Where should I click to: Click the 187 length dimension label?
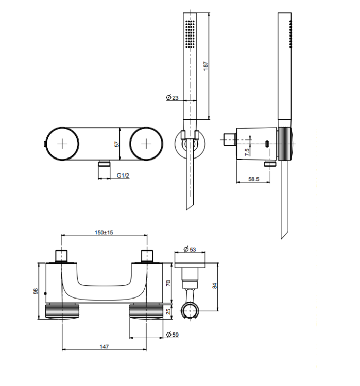205,66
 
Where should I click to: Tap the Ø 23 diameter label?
172,97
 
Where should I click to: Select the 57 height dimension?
117,144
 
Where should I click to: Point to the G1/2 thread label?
123,176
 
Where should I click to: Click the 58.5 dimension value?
253,179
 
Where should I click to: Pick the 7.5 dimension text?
247,152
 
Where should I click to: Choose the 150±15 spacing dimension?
104,232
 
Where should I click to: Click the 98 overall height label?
36,291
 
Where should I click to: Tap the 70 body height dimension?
168,283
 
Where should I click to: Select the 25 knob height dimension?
168,312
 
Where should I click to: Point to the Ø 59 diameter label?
173,335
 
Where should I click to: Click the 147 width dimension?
104,346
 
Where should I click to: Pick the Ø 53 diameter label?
190,249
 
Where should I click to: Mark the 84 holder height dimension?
215,286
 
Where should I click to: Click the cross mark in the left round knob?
62,144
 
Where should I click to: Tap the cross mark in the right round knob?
146,144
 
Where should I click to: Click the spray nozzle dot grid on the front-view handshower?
190,34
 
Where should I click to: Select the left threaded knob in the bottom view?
62,311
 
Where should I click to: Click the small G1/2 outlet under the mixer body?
104,164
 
